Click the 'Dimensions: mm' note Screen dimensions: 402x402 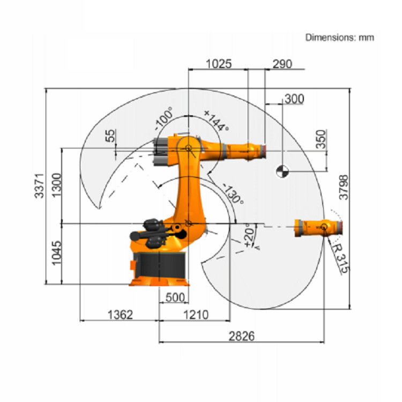click(x=339, y=38)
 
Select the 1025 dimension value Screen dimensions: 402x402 click(x=219, y=64)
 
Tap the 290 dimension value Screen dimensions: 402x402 click(x=282, y=64)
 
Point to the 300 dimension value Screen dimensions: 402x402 click(x=294, y=99)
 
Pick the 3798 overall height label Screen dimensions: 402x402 click(x=344, y=188)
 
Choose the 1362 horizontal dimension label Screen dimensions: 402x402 click(x=119, y=315)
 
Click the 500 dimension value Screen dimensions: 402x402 click(x=174, y=298)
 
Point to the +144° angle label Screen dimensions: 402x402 click(x=217, y=121)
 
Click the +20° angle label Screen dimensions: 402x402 click(x=248, y=236)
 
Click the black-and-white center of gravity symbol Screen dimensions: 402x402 click(x=282, y=172)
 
